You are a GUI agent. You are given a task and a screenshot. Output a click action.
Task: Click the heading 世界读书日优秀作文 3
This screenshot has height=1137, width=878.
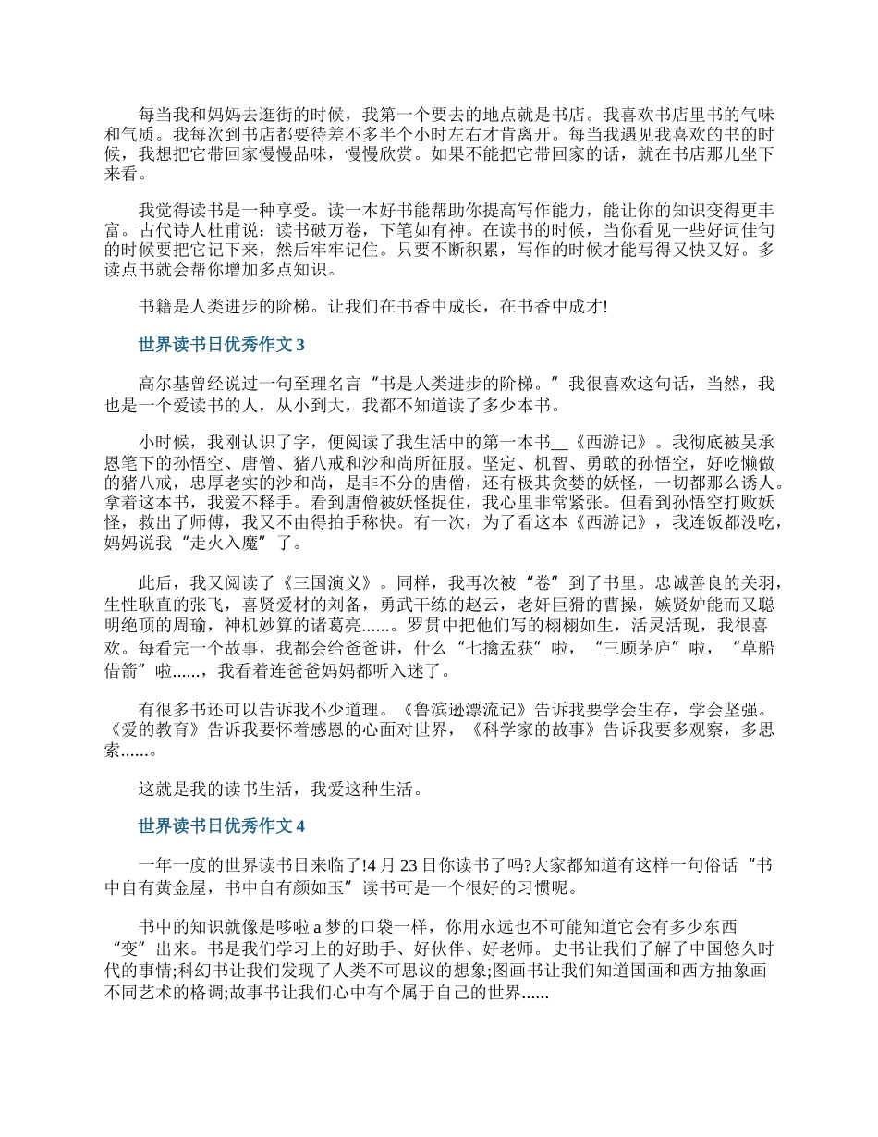click(x=221, y=346)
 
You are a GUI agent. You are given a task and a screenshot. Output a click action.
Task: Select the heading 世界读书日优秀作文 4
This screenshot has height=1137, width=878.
click(x=221, y=825)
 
